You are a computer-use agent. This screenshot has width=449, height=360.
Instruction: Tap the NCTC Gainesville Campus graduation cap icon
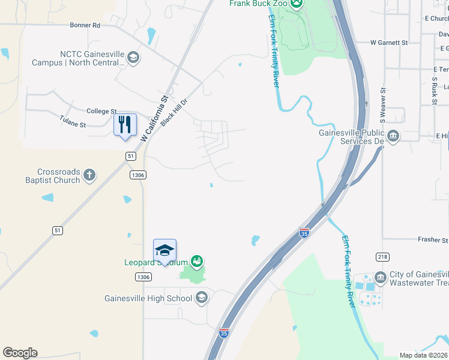click(133, 58)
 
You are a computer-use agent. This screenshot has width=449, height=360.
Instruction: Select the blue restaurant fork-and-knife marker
click(125, 125)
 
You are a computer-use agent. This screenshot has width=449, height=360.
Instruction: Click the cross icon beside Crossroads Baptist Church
click(89, 175)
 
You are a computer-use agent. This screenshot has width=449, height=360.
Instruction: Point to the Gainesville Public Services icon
click(393, 136)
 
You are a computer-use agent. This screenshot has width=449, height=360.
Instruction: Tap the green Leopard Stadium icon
click(196, 261)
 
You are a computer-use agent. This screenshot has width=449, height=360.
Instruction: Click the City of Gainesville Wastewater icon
click(380, 277)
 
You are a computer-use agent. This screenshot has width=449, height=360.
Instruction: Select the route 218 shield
click(382, 257)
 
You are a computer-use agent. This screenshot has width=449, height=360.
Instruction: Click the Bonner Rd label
click(85, 25)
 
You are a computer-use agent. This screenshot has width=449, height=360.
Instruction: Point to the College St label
click(101, 111)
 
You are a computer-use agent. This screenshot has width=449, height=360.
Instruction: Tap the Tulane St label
click(73, 125)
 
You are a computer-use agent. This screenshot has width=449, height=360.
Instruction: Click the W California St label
click(154, 118)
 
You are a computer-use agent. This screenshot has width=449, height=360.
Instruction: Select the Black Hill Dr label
click(174, 112)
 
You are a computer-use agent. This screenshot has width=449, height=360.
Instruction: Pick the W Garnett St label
click(389, 43)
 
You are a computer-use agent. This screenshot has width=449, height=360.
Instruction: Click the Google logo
click(20, 353)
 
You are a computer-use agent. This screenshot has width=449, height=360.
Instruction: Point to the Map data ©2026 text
click(424, 355)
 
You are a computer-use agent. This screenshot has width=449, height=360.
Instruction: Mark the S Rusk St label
click(434, 90)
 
